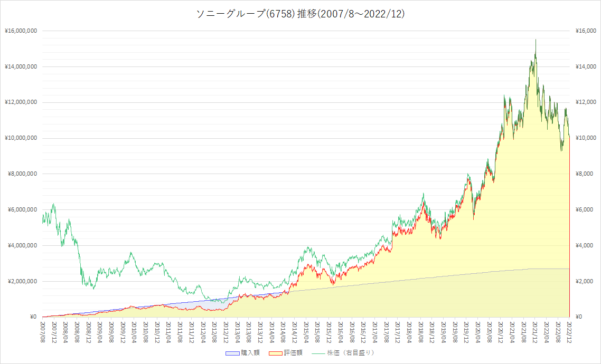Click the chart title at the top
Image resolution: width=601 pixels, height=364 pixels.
pos(300,14)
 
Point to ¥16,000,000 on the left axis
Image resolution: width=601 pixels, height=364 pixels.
pos(21,31)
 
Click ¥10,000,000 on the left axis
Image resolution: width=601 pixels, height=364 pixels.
pos(21,138)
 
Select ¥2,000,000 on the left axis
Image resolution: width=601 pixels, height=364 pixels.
pos(23,281)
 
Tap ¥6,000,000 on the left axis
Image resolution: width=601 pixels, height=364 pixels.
pos(23,210)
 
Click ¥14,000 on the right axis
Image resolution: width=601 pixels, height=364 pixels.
pos(586,66)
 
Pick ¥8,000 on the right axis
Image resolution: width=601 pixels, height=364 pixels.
pos(585,174)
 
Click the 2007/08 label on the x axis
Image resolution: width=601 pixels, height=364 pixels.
pos(43,332)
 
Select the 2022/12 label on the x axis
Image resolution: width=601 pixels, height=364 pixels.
pos(569,332)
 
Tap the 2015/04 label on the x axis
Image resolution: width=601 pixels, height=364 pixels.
pos(306,332)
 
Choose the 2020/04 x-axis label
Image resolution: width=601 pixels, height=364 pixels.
pos(478,332)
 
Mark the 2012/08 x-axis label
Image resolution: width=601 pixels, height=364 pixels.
pos(214,332)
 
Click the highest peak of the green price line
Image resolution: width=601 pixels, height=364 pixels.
pos(536,40)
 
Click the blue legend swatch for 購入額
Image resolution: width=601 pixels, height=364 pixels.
pos(232,353)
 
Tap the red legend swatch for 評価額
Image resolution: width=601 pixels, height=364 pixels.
pos(276,353)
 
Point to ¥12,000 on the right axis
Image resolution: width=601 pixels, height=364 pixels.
pos(586,102)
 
